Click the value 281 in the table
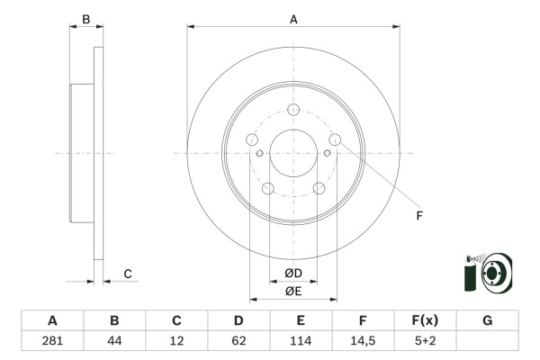click(x=52, y=341)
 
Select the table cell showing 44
click(x=114, y=341)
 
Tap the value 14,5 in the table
click(x=363, y=341)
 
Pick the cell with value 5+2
click(x=425, y=341)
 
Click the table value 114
click(x=301, y=341)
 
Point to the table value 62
click(x=238, y=341)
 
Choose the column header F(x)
click(x=425, y=320)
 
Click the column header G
click(x=487, y=320)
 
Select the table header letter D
click(x=238, y=320)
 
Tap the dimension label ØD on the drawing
click(x=292, y=274)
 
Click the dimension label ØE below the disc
click(x=292, y=290)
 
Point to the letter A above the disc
click(x=293, y=19)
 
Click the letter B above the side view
click(x=86, y=19)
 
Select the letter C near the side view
click(x=128, y=274)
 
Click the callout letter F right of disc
click(x=418, y=215)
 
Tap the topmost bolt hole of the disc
click(x=292, y=111)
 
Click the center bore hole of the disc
click(x=292, y=152)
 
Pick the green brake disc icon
click(x=487, y=273)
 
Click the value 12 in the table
click(x=176, y=341)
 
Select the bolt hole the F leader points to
click(x=335, y=139)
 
